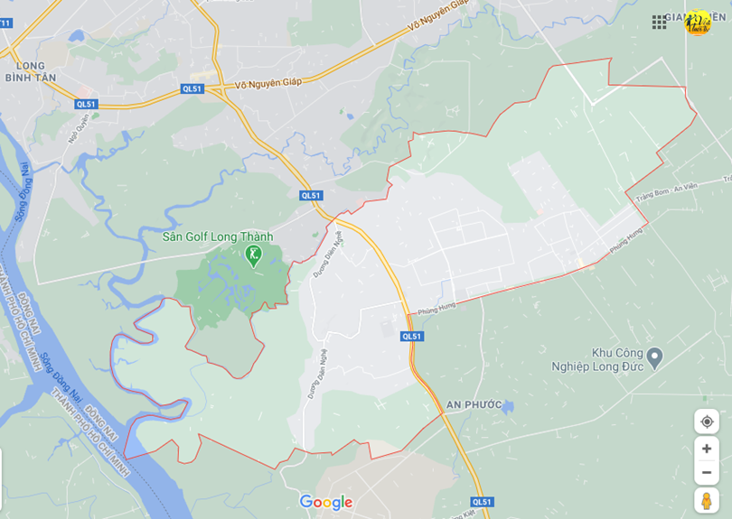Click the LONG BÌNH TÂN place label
43,71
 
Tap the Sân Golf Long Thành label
217,236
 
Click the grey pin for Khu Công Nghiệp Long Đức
655,357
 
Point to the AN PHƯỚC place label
474,404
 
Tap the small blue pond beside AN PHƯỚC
509,408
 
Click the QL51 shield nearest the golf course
311,195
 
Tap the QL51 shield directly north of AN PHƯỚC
411,336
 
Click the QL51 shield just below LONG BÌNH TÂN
86,105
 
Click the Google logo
326,503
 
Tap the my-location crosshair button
706,422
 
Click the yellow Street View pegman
706,499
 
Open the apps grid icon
660,22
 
